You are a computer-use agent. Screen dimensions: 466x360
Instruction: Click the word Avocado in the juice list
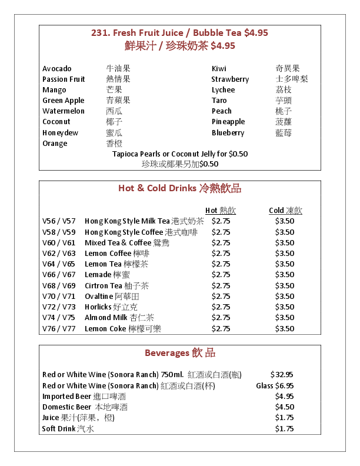point(57,69)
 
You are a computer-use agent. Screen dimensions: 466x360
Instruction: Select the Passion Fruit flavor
point(64,79)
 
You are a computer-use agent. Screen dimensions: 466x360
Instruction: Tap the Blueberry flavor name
point(228,133)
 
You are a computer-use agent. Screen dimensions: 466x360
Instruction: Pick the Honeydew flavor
point(60,133)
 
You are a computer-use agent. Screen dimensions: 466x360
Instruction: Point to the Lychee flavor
point(223,90)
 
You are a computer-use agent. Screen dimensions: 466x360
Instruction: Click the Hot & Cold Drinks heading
point(179,189)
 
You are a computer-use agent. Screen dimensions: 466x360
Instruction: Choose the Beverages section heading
point(179,353)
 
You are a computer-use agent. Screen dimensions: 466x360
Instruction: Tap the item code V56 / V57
point(59,221)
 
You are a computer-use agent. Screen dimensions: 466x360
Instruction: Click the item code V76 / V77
point(59,329)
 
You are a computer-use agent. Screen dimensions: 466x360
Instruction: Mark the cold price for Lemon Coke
point(285,329)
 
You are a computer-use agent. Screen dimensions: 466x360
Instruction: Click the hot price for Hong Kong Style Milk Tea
point(221,221)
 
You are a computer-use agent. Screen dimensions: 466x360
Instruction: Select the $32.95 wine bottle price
point(282,374)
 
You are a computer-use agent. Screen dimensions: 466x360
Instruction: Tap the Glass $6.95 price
point(275,386)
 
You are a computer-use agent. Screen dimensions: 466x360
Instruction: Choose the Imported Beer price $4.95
point(285,397)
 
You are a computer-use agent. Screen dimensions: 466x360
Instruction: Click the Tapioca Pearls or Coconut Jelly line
point(180,154)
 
